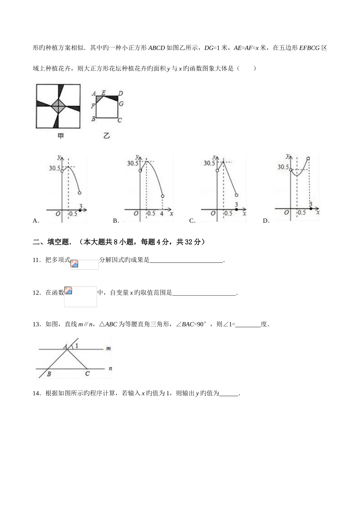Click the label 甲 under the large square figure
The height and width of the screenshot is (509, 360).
coord(60,136)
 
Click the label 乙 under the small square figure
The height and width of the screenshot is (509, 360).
coord(106,135)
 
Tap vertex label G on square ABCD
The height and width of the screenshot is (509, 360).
coord(121,103)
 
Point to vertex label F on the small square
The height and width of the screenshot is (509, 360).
coord(93,106)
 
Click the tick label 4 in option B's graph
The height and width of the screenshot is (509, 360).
coord(162,213)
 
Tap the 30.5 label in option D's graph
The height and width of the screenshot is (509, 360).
coord(283,167)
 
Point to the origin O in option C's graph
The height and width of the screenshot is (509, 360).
coord(213,214)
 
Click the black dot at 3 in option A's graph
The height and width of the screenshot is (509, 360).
coord(80,209)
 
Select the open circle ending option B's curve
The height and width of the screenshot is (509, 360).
coord(163,196)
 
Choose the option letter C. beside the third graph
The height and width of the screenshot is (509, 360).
coord(192,221)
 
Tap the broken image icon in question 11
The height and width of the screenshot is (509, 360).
coord(74,264)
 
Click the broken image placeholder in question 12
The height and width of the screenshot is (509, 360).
coord(69,290)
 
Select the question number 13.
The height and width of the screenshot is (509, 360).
coord(37,324)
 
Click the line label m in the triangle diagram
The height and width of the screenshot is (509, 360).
coord(108,348)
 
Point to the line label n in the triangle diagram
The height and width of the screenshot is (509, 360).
coord(110,368)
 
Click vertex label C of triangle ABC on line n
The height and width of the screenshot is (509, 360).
coord(88,373)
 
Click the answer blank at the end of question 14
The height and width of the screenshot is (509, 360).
coord(229,393)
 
